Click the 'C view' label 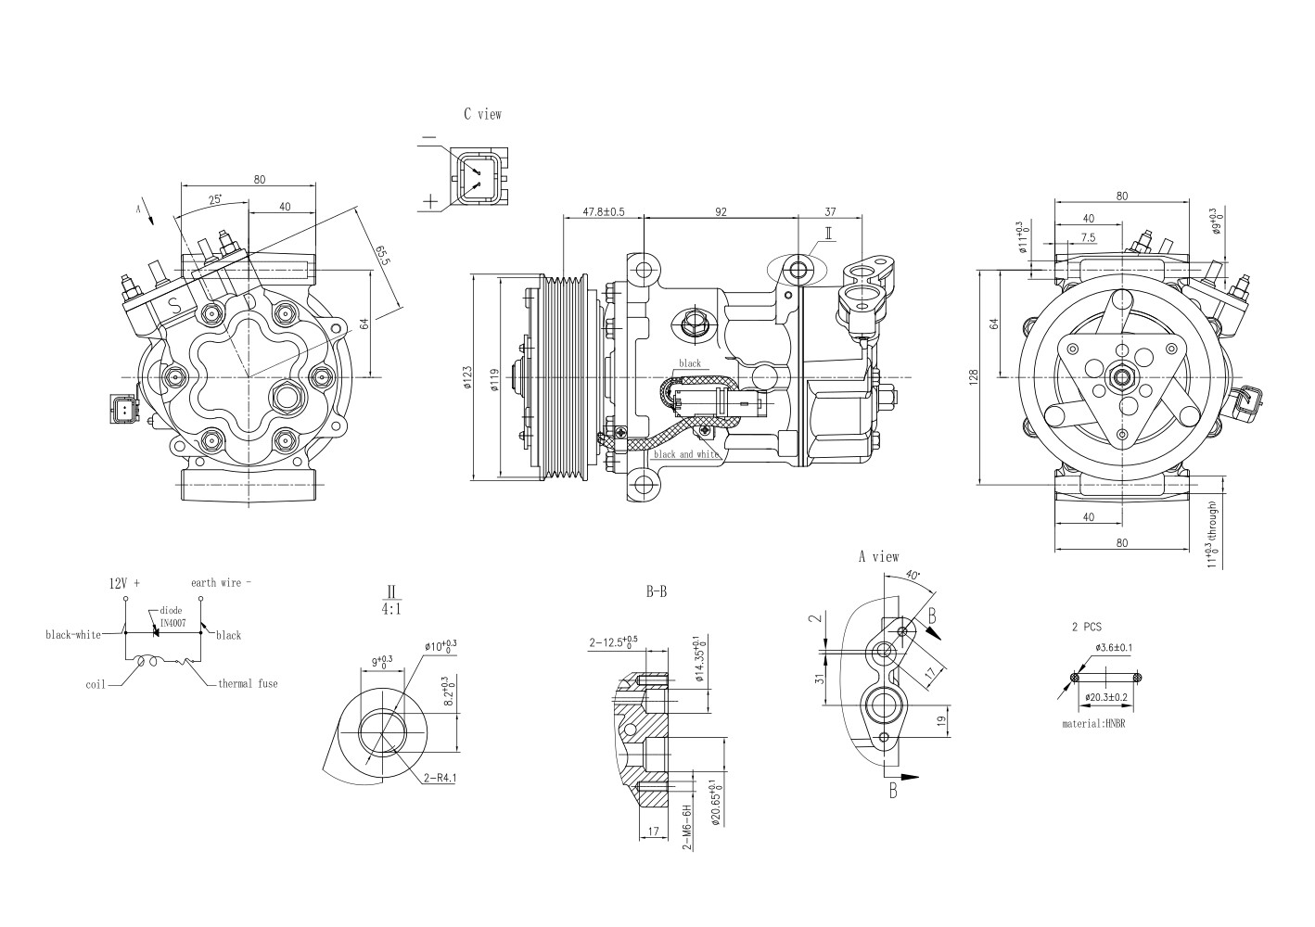482,114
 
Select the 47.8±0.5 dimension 603,211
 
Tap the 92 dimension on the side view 721,211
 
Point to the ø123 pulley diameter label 467,379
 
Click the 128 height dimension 973,378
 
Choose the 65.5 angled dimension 381,255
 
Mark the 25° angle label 215,199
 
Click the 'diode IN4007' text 172,617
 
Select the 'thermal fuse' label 247,683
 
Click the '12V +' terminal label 124,583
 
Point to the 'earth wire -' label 221,582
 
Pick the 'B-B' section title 657,590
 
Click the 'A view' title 877,556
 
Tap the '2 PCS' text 1086,627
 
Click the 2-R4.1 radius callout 440,779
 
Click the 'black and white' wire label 686,454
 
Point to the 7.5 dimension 1087,237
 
